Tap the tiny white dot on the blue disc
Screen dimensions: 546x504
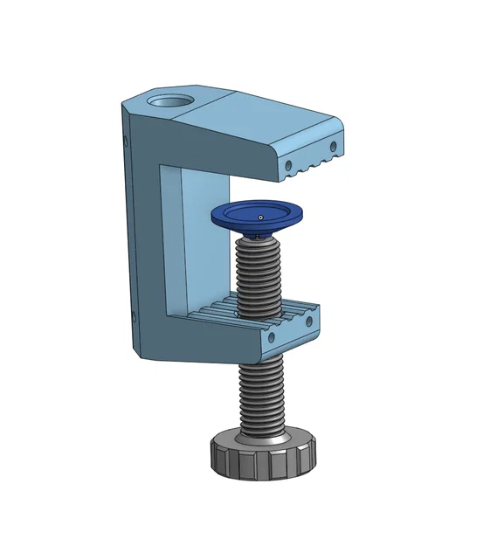[259, 216]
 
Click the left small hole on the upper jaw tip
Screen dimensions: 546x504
[289, 163]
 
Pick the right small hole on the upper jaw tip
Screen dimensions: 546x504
[332, 146]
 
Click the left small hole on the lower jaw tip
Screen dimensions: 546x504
[271, 336]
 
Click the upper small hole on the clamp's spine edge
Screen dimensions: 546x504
[125, 139]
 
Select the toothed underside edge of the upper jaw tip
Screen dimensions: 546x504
[314, 166]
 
